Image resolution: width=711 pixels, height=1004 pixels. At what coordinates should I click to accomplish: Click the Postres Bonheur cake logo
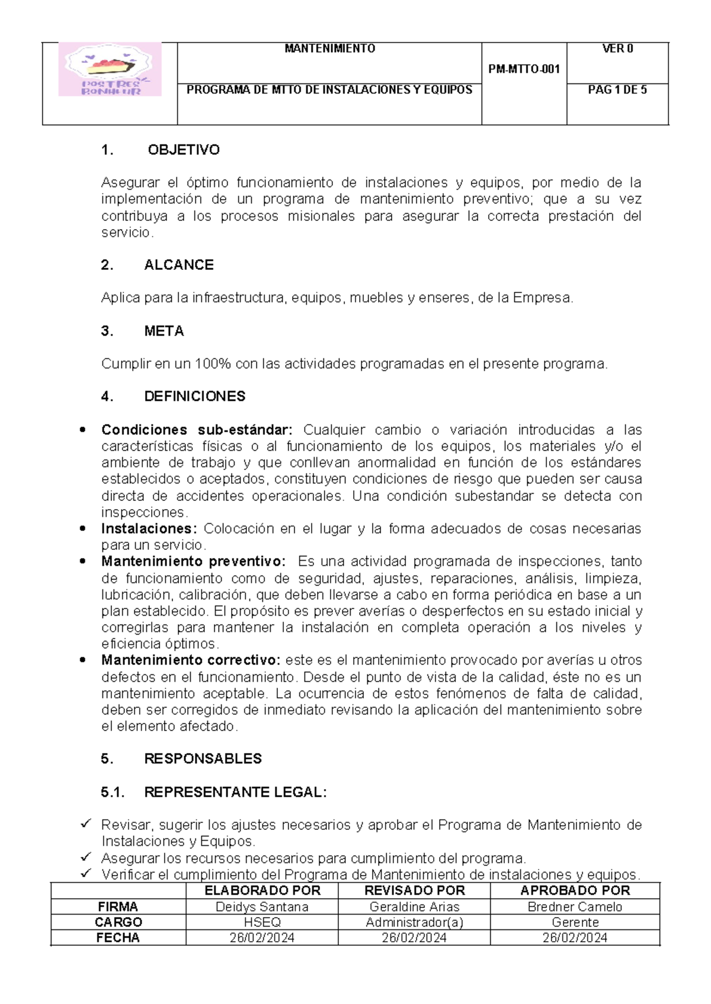(110, 69)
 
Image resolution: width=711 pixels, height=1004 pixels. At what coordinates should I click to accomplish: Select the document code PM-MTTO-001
(524, 69)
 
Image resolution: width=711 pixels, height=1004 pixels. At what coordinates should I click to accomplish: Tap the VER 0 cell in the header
(617, 49)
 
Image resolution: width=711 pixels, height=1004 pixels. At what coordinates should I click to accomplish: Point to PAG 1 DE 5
(617, 91)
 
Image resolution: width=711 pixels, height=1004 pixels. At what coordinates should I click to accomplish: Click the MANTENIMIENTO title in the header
(329, 49)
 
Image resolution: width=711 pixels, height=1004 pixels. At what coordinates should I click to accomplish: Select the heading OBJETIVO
(184, 150)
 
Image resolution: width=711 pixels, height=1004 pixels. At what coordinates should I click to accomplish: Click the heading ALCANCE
(179, 265)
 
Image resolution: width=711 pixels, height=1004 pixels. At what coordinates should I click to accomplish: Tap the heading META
(164, 332)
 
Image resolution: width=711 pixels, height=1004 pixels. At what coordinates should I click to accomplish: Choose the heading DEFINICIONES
(194, 397)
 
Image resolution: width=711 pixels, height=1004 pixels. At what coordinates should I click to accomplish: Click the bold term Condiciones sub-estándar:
(197, 430)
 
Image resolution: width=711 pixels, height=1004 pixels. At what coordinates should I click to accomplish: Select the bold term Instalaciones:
(148, 529)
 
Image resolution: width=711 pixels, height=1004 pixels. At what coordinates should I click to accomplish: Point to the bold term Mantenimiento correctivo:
(190, 660)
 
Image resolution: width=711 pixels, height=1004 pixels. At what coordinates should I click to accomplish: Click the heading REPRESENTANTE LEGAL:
(235, 792)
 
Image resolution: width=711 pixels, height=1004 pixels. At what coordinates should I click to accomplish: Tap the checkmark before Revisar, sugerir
(85, 823)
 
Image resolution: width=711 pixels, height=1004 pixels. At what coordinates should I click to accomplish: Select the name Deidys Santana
(262, 907)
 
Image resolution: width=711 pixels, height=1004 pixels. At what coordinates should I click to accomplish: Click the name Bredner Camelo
(575, 907)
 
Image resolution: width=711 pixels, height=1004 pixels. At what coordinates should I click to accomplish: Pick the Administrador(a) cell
(414, 922)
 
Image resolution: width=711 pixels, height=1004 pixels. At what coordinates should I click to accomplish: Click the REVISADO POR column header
(414, 890)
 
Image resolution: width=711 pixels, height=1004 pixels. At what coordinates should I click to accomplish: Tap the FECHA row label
(118, 938)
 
